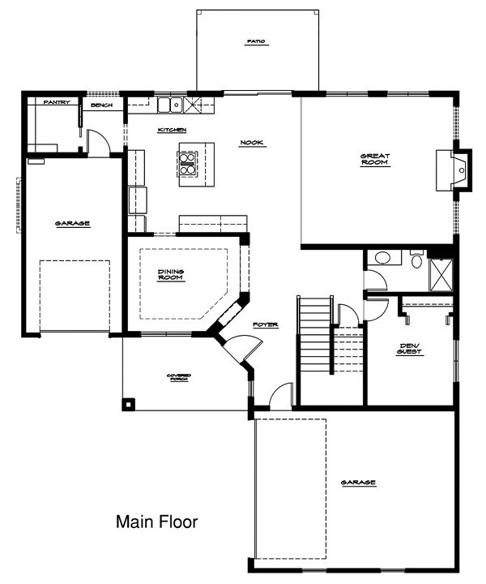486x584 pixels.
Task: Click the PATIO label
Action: [x=257, y=41]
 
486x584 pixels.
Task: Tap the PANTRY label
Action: [x=57, y=102]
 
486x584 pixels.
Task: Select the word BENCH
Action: [x=101, y=105]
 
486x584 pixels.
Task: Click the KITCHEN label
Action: [x=173, y=130]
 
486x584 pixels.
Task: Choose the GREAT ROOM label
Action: [x=375, y=159]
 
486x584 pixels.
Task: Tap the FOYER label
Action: [x=265, y=324]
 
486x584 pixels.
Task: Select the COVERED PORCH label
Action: [x=179, y=377]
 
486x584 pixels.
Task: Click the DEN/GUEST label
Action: [x=411, y=350]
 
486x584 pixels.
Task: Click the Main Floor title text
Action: [x=156, y=521]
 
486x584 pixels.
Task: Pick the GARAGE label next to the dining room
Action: [x=72, y=223]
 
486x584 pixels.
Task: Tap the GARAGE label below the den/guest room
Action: [x=358, y=483]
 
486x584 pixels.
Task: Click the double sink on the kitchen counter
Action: [x=170, y=104]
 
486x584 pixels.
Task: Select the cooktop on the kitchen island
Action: [x=185, y=165]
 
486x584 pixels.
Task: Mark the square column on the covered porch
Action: [x=129, y=403]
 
